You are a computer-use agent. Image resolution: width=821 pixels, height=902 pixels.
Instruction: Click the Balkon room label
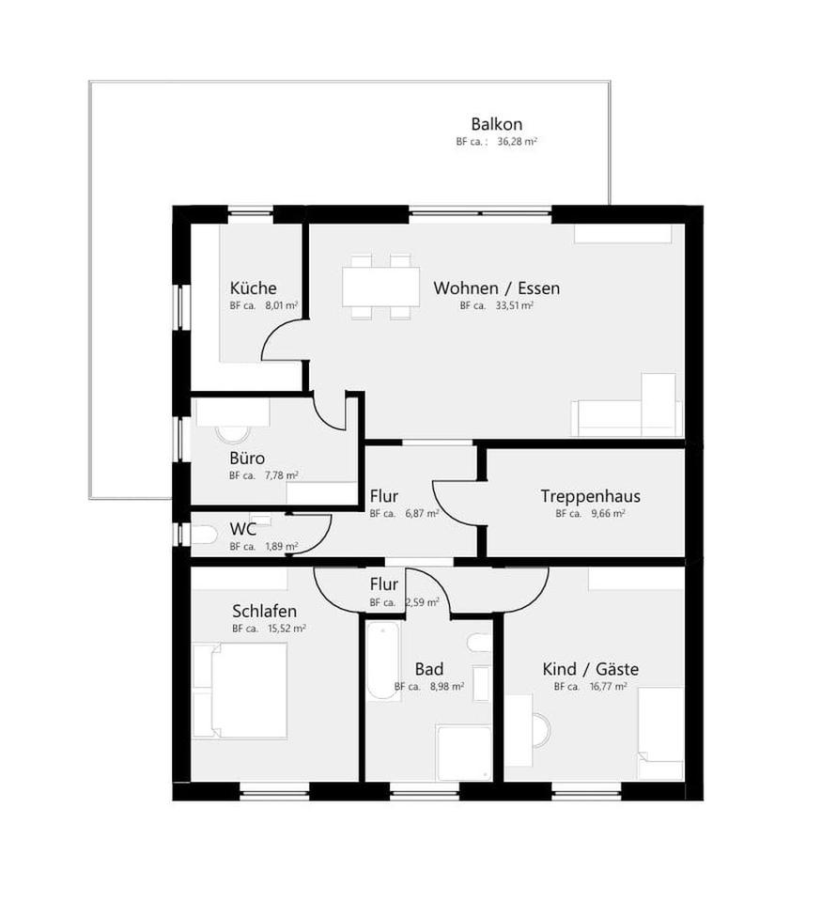[496, 124]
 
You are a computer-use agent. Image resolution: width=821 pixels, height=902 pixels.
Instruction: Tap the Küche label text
[253, 288]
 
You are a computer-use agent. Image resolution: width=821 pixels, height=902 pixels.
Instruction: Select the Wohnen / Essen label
[496, 288]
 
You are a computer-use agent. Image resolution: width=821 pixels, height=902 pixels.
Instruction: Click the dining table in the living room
[380, 287]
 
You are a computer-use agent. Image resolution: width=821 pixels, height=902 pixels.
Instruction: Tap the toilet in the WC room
[204, 535]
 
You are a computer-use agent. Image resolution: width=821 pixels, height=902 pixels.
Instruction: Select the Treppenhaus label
[590, 496]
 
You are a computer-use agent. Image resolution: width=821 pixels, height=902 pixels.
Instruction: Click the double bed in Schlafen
[241, 691]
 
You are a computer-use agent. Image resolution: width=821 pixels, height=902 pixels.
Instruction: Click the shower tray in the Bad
[463, 752]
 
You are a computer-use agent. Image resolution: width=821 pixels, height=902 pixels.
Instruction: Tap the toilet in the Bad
[478, 643]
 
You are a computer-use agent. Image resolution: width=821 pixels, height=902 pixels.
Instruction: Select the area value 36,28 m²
[517, 142]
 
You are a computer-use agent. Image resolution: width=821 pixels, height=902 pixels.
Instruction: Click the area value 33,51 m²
[515, 306]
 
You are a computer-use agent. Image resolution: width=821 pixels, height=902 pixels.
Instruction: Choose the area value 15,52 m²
[287, 629]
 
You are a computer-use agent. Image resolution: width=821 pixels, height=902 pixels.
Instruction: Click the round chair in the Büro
[232, 433]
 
